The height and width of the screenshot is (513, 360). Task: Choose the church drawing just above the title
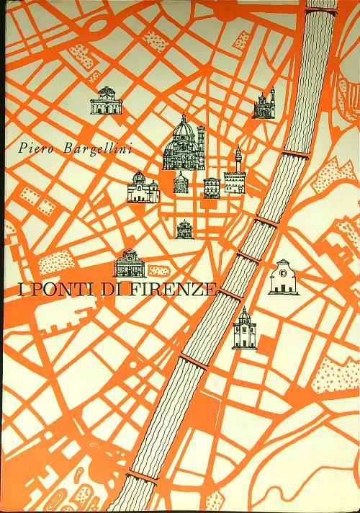[130, 263]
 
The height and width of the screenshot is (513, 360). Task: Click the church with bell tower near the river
[264, 105]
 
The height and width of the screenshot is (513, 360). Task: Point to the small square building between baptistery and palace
[211, 187]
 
